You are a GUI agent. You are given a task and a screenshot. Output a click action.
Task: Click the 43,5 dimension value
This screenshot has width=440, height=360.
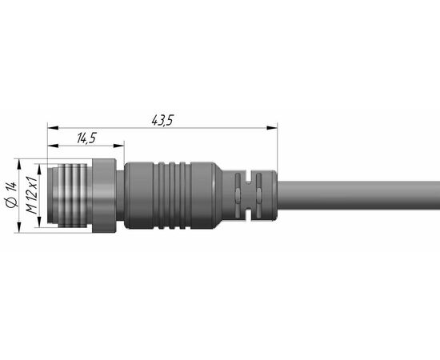click(162, 120)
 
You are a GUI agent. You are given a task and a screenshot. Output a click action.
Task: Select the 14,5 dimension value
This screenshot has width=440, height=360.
click(87, 138)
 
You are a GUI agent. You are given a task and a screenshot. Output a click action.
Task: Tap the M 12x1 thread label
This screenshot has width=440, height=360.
click(32, 195)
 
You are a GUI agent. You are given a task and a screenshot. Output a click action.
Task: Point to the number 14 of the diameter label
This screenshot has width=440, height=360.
click(12, 187)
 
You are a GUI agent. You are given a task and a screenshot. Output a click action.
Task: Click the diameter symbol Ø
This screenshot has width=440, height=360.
click(12, 202)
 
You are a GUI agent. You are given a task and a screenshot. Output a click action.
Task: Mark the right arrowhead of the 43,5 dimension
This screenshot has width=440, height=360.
click(272, 128)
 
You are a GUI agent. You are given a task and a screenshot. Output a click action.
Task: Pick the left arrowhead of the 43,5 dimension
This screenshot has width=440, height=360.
click(54, 128)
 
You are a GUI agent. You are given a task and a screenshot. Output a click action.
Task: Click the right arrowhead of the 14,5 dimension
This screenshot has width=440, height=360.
click(118, 146)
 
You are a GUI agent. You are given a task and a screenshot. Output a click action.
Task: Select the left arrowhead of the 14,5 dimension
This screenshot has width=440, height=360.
click(54, 146)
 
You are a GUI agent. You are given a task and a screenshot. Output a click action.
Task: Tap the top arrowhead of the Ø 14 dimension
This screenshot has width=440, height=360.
click(19, 165)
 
